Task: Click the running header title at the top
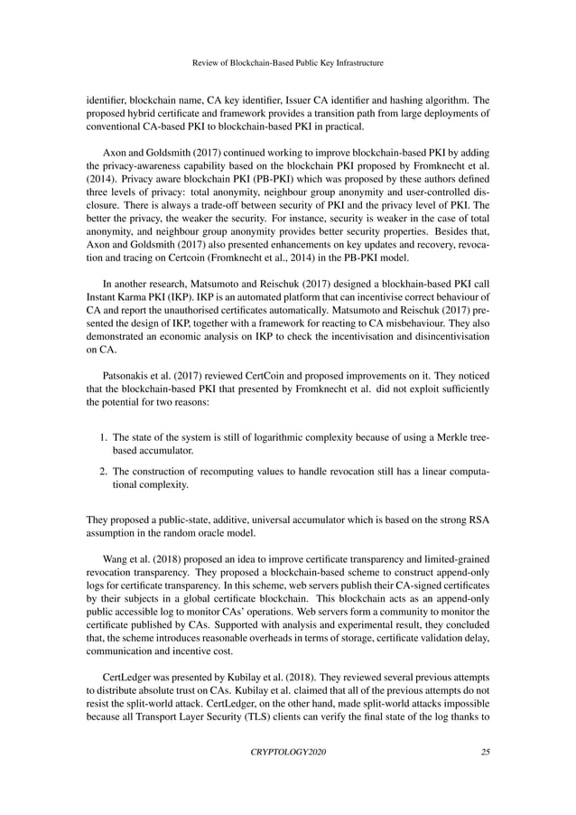288,63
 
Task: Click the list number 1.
102,438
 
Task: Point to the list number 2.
102,470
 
